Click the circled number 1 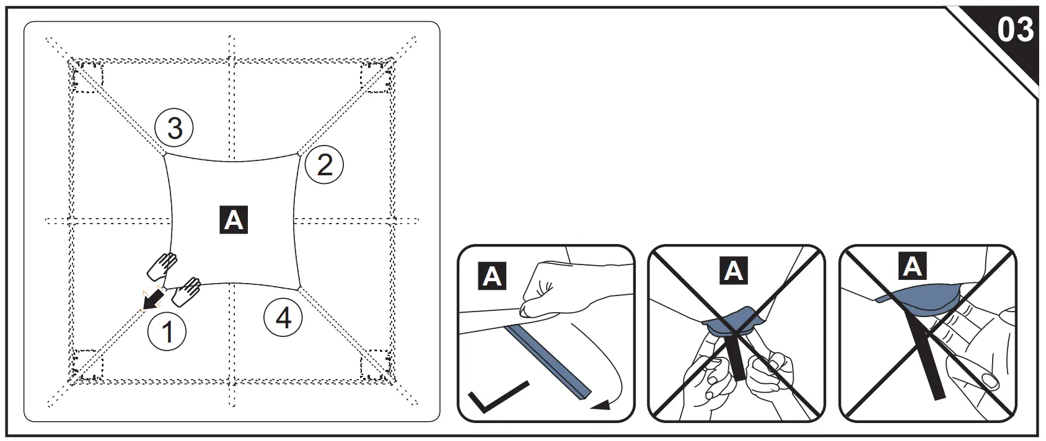tap(167, 332)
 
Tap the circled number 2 tap(325, 165)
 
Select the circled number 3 tap(174, 128)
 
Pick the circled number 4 tap(283, 318)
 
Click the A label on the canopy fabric tap(234, 220)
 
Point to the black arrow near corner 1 tap(150, 301)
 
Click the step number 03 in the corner tap(1015, 30)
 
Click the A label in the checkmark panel tap(492, 276)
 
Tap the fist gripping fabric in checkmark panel tap(548, 287)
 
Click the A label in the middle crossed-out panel tap(734, 271)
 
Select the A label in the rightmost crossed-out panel tap(912, 266)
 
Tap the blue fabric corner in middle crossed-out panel tap(733, 322)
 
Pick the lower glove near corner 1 tap(186, 291)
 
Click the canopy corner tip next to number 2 tap(299, 153)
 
